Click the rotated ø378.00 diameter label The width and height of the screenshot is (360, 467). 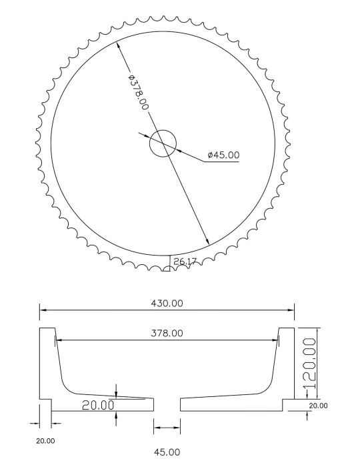[x=139, y=92]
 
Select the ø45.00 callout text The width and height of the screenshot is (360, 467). [x=223, y=155]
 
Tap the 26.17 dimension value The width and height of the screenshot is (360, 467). [x=185, y=262]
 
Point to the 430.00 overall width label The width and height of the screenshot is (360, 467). [x=167, y=304]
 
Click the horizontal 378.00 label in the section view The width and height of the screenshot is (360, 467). [x=167, y=333]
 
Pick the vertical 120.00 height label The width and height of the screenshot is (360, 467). [x=310, y=363]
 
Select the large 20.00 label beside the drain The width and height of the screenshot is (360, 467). [x=98, y=405]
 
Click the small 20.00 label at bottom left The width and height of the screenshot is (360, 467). [x=45, y=441]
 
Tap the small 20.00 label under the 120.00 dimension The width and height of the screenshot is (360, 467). [x=318, y=406]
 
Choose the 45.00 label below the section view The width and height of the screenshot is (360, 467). [x=167, y=452]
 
